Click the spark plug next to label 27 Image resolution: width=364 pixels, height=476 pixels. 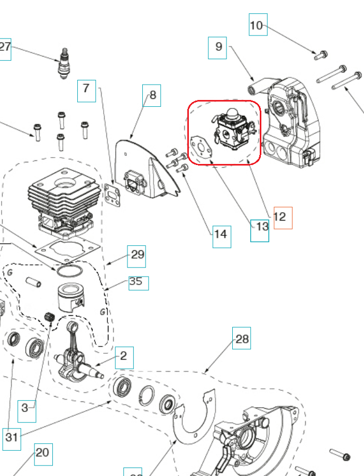[65, 63]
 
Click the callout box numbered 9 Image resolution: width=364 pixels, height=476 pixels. [218, 47]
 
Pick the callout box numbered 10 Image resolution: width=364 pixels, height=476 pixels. [258, 25]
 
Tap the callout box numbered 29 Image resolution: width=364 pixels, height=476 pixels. [136, 255]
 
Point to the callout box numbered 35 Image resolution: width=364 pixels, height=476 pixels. [138, 282]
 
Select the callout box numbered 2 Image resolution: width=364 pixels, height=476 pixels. [123, 357]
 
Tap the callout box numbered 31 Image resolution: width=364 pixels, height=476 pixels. [11, 437]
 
